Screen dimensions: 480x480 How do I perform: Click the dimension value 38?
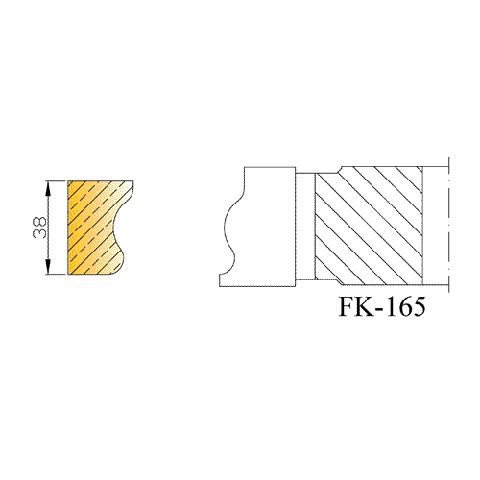(39, 228)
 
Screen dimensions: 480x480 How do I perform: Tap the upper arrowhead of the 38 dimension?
(48, 188)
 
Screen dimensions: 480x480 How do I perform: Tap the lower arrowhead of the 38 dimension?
(48, 267)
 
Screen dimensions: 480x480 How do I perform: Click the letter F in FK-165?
(348, 306)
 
